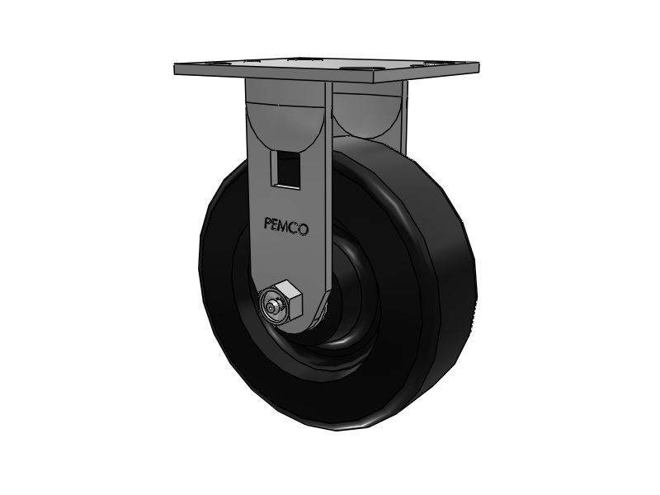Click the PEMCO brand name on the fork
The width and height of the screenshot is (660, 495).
(x=286, y=224)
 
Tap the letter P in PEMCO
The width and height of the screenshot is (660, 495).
(x=267, y=224)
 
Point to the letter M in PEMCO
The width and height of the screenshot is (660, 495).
(x=285, y=224)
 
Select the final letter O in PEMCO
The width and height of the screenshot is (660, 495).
(x=304, y=225)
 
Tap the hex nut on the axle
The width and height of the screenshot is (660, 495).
(x=282, y=301)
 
